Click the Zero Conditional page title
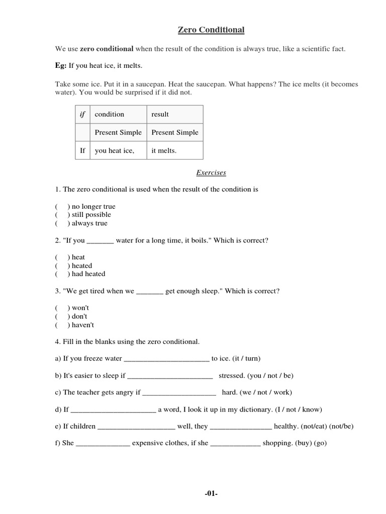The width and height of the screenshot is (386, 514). tap(211, 30)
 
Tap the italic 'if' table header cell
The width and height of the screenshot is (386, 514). tap(82, 114)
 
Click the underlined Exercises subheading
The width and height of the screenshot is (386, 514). tap(211, 173)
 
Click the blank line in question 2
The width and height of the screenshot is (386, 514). tap(101, 241)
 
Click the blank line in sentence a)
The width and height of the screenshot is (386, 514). tap(166, 359)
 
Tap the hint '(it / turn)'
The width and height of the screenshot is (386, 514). tap(243, 358)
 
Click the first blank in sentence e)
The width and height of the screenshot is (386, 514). tap(136, 428)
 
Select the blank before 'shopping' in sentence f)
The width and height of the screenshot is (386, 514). tap(235, 445)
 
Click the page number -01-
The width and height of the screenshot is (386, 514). tap(211, 494)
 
